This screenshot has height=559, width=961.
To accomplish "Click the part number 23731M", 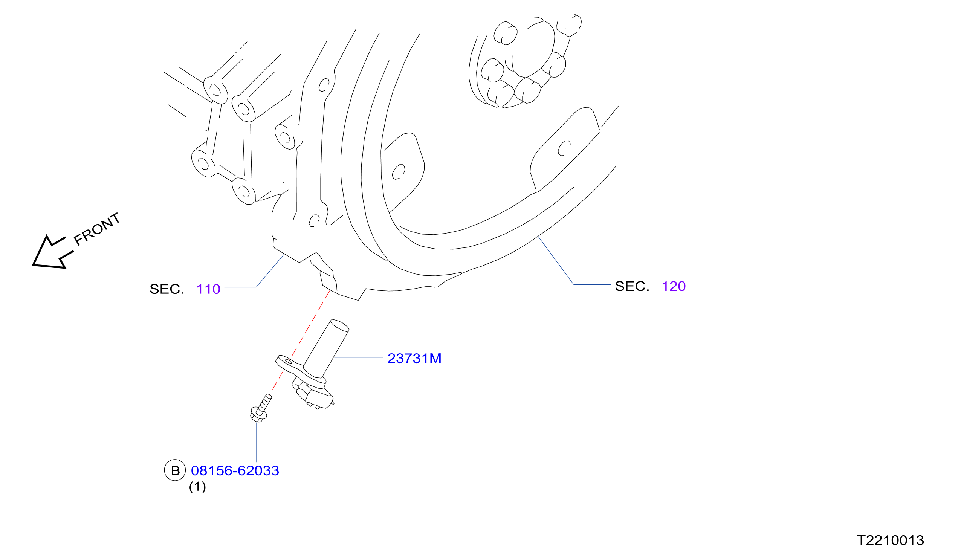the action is coord(414,359).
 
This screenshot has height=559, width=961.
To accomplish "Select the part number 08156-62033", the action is coord(235,471).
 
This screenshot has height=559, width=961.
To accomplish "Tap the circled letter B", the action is coord(175,470).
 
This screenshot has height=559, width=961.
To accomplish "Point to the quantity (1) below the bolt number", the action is coord(197,487).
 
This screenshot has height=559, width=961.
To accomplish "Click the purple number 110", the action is coord(208,289).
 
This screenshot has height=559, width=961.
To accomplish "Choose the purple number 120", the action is coord(674,286).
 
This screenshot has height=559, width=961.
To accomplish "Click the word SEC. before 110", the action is coord(167,289).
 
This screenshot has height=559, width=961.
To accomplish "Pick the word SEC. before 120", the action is coord(632,286).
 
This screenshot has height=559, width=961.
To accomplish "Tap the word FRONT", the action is coord(97,229).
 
